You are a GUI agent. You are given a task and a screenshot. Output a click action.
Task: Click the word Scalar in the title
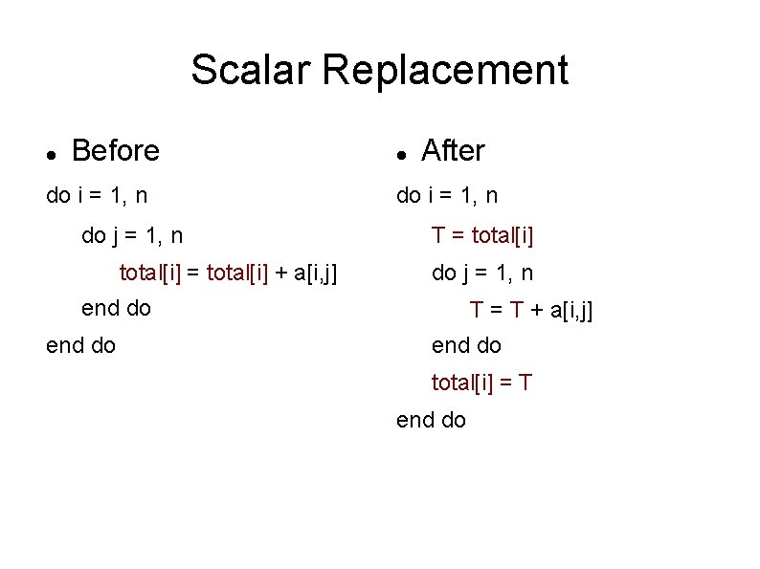(251, 70)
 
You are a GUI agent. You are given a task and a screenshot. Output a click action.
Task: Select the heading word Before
(116, 151)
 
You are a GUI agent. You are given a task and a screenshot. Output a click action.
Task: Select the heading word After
(453, 151)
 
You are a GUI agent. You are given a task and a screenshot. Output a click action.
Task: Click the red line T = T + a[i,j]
(531, 310)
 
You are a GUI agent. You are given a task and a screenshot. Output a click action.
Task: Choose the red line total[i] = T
(481, 383)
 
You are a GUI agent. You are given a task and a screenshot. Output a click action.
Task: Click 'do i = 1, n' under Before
(97, 196)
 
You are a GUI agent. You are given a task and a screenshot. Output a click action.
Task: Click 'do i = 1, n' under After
(447, 196)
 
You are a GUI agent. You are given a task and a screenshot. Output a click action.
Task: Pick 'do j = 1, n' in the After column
(482, 273)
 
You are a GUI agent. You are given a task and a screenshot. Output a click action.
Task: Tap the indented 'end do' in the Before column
(117, 309)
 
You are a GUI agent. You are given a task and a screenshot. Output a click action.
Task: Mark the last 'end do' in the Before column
(81, 345)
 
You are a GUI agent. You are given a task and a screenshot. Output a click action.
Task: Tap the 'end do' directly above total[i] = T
(466, 345)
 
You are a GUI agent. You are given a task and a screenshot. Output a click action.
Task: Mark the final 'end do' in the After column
(431, 420)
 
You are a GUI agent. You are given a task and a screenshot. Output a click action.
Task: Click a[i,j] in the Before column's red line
(315, 274)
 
